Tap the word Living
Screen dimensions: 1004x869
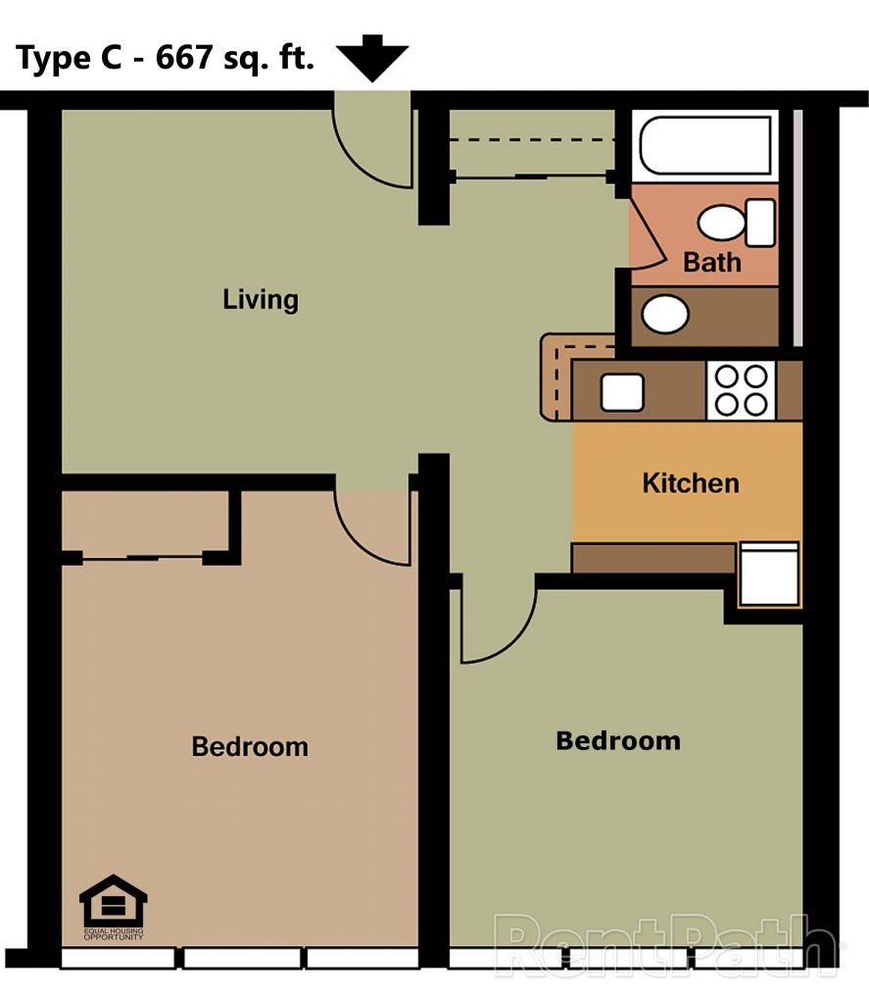pyautogui.click(x=260, y=299)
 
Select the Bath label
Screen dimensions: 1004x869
pyautogui.click(x=712, y=263)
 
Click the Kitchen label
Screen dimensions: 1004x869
pyautogui.click(x=691, y=483)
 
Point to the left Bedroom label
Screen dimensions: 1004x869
pyautogui.click(x=250, y=747)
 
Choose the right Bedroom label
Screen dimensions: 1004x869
pyautogui.click(x=617, y=741)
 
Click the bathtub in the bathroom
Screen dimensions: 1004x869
pyautogui.click(x=705, y=145)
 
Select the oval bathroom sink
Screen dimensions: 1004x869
pyautogui.click(x=665, y=315)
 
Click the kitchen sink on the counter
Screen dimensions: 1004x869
pyautogui.click(x=622, y=392)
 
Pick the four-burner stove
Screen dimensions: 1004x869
pyautogui.click(x=741, y=389)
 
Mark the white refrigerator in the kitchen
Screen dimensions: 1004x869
pyautogui.click(x=769, y=575)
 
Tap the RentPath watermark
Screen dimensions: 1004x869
pyautogui.click(x=666, y=946)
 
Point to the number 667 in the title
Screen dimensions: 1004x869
pyautogui.click(x=177, y=59)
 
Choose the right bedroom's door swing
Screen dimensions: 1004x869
pyautogui.click(x=495, y=624)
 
